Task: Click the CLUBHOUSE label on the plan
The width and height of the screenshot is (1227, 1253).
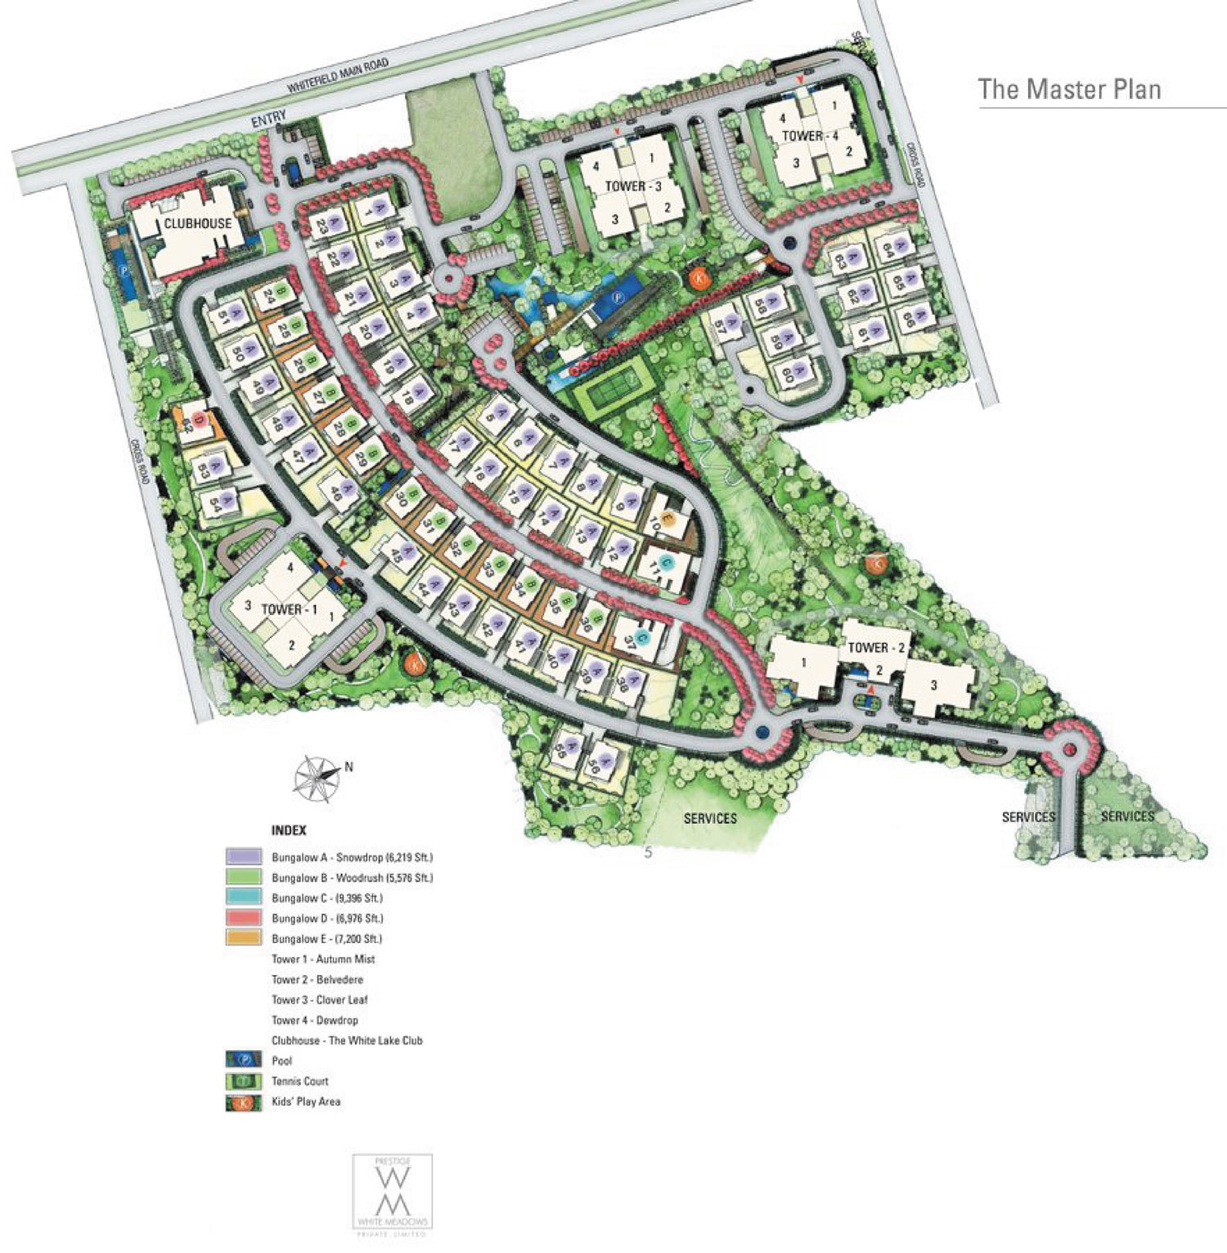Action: tap(197, 223)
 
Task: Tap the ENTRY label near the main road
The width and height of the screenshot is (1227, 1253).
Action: tap(268, 119)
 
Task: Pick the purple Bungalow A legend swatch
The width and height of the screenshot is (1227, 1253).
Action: tap(243, 857)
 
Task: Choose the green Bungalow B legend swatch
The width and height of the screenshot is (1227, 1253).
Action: tap(243, 878)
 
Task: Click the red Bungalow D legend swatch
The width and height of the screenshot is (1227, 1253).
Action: tap(243, 918)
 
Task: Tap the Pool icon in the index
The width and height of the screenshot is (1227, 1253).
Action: tap(243, 1061)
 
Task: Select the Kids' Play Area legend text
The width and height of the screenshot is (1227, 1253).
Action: tap(306, 1102)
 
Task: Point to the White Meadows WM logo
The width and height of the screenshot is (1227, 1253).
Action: tap(392, 1193)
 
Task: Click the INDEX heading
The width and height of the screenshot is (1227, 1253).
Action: tap(289, 830)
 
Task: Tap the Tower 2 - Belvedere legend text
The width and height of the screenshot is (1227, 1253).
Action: tap(317, 980)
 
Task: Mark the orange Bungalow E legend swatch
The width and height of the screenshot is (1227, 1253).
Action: tap(243, 939)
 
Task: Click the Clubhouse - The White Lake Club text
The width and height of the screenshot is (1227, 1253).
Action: tap(347, 1040)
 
